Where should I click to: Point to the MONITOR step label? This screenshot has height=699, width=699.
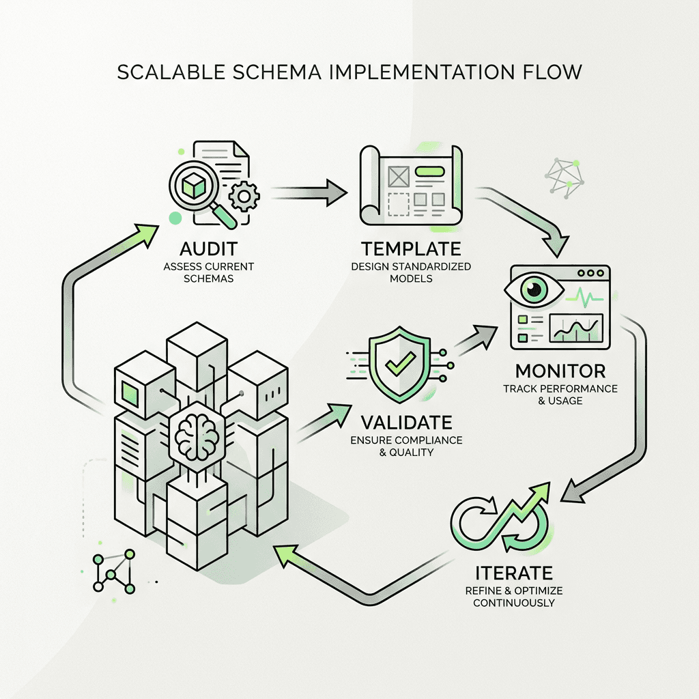point(560,371)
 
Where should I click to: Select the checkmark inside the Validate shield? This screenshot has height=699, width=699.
point(394,365)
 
